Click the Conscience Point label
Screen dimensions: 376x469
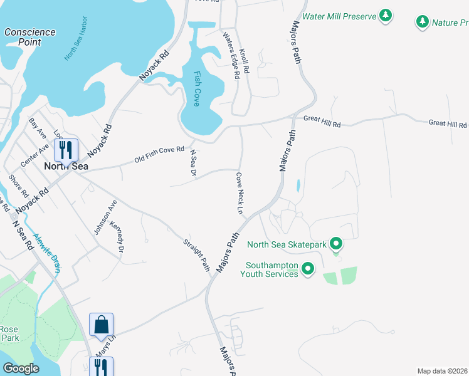click(x=29, y=37)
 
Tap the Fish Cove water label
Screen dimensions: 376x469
click(x=197, y=88)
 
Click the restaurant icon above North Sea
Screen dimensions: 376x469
click(x=65, y=150)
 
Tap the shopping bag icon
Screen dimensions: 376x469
click(x=101, y=325)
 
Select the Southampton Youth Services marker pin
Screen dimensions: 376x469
click(x=307, y=269)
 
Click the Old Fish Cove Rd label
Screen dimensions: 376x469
click(x=159, y=155)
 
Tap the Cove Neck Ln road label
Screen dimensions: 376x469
click(x=239, y=193)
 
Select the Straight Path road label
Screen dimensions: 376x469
click(x=196, y=254)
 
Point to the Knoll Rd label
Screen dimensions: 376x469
click(x=245, y=61)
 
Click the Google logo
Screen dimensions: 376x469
click(x=21, y=368)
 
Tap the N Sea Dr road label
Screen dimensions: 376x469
click(x=193, y=162)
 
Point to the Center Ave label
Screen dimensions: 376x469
click(x=34, y=155)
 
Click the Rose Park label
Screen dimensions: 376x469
click(x=9, y=333)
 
